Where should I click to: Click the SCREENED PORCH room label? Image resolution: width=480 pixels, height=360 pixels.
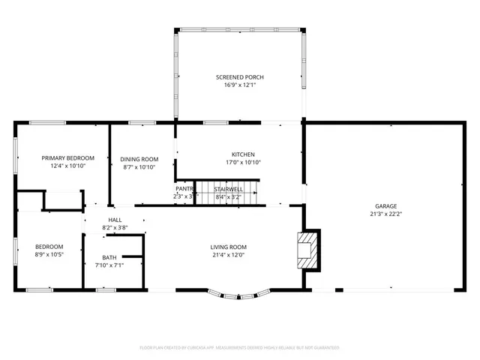click(x=239, y=77)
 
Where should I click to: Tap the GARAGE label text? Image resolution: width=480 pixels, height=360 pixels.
click(x=386, y=206)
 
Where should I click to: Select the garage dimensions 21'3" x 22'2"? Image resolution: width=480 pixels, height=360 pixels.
click(x=386, y=214)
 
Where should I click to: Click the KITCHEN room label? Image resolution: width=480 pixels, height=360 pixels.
click(x=242, y=154)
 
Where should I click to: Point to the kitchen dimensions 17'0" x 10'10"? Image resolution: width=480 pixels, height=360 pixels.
click(x=242, y=162)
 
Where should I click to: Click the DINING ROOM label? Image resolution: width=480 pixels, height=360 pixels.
click(x=139, y=158)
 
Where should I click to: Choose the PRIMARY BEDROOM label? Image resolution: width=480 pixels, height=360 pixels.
click(x=67, y=157)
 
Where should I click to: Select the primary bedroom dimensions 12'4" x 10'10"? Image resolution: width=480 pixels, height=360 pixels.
click(x=67, y=166)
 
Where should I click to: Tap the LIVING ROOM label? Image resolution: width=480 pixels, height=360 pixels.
click(x=228, y=247)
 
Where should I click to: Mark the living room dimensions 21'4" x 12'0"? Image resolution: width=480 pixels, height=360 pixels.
click(x=228, y=255)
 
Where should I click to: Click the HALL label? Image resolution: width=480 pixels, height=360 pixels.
click(x=115, y=220)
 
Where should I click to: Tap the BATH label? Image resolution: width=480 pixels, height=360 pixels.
click(x=109, y=257)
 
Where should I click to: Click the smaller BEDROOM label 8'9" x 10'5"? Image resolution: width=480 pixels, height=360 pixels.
click(x=49, y=247)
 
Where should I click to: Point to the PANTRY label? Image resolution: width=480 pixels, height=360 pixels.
click(x=185, y=189)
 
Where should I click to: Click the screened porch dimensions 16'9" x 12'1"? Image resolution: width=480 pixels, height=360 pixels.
click(x=239, y=85)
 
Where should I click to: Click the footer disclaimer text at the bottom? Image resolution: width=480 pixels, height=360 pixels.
click(x=239, y=348)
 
